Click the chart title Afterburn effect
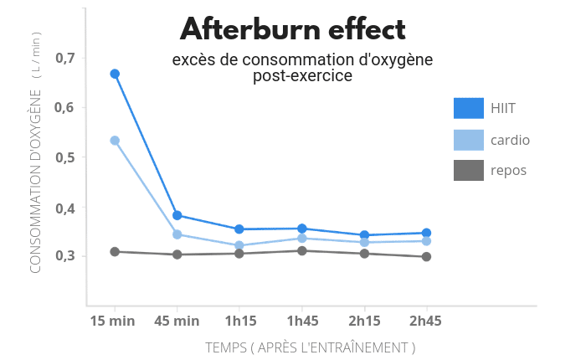pyautogui.click(x=293, y=30)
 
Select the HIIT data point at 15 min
pyautogui.click(x=115, y=74)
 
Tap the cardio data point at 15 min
pyautogui.click(x=115, y=141)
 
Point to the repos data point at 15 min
pyautogui.click(x=115, y=251)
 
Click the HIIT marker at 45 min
pyautogui.click(x=177, y=215)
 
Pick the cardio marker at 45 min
pyautogui.click(x=177, y=234)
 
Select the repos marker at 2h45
pyautogui.click(x=426, y=257)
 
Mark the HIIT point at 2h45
pyautogui.click(x=426, y=233)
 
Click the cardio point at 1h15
pyautogui.click(x=239, y=246)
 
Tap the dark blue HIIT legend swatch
pyautogui.click(x=469, y=108)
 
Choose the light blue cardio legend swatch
pyautogui.click(x=469, y=140)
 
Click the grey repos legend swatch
pyautogui.click(x=469, y=171)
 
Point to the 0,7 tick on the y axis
pyautogui.click(x=65, y=58)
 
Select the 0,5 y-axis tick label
pyautogui.click(x=65, y=157)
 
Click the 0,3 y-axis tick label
pyautogui.click(x=65, y=256)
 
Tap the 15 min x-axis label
pyautogui.click(x=112, y=321)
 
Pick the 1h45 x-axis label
pyautogui.click(x=302, y=321)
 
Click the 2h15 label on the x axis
pyautogui.click(x=364, y=321)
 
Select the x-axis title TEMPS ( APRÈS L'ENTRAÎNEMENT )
pyautogui.click(x=311, y=347)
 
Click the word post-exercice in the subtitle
pyautogui.click(x=302, y=76)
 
